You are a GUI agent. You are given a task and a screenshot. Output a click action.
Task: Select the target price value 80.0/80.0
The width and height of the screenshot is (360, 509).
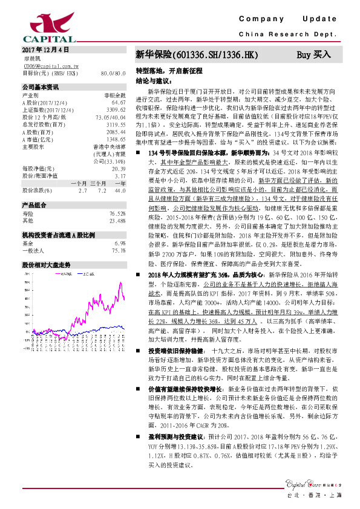tap(114, 73)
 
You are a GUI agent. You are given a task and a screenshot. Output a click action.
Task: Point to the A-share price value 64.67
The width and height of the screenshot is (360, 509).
tap(119, 103)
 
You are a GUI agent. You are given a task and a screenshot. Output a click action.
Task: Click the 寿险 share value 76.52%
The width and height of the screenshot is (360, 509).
tap(117, 214)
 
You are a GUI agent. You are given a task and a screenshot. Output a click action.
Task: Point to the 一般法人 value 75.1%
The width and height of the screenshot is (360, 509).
tap(119, 250)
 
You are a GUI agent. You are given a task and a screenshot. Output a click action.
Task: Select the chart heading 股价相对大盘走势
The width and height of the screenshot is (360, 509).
tap(47, 265)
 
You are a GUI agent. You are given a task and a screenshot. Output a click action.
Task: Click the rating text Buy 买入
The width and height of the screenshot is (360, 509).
tap(313, 54)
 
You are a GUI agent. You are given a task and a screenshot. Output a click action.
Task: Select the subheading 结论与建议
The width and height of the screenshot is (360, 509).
tap(152, 80)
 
